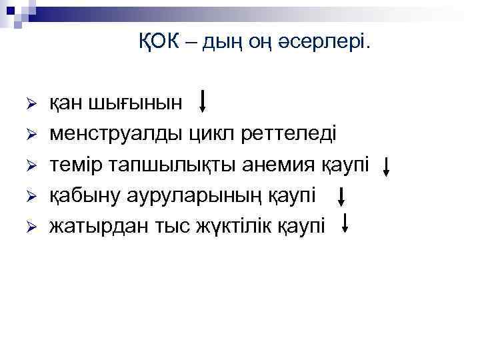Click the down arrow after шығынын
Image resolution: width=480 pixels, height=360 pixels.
pyautogui.click(x=204, y=101)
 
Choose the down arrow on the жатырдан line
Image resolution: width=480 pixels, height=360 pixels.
pyautogui.click(x=345, y=223)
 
